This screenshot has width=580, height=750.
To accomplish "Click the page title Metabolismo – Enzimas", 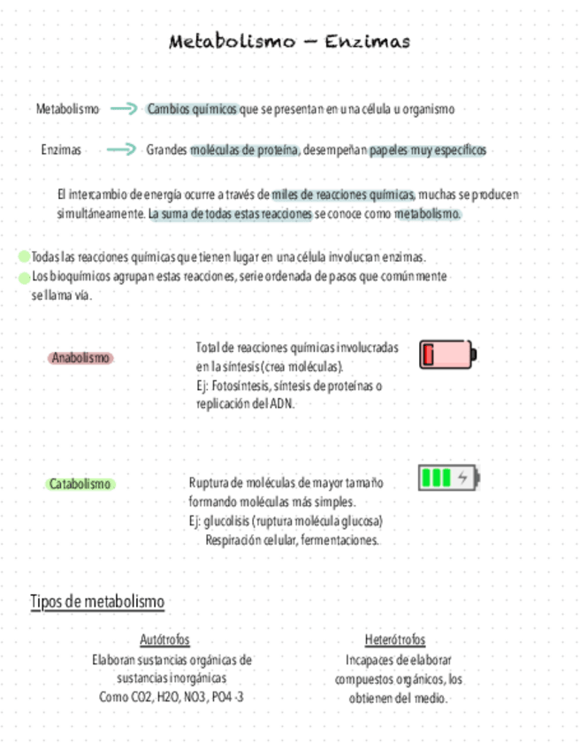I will [x=289, y=42].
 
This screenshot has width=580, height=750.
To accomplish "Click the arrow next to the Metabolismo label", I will [x=124, y=109].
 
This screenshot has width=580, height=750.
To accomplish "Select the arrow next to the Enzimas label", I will [x=120, y=149].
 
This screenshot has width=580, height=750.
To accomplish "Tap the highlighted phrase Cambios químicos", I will [x=192, y=109].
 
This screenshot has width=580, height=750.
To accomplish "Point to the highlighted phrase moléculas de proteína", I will [x=245, y=149].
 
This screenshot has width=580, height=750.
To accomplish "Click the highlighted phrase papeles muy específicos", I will [x=428, y=149].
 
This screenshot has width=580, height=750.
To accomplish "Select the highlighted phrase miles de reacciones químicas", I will [x=343, y=195].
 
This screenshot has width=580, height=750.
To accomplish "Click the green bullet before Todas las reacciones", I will [x=24, y=257].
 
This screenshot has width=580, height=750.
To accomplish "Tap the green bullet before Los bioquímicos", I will [x=24, y=277].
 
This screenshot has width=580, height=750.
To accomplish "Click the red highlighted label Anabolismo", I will [x=80, y=358].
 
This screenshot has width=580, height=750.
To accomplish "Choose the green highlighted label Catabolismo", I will [x=80, y=484].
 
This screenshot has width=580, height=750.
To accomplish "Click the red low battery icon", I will [x=447, y=354].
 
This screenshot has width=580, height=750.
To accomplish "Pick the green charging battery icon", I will [x=448, y=478].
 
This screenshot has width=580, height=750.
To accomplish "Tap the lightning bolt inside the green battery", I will [x=463, y=478].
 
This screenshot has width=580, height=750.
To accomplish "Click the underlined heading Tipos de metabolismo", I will [x=97, y=602].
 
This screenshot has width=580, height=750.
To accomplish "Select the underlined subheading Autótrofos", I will [x=164, y=639].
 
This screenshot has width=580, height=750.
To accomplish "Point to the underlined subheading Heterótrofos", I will [x=394, y=639].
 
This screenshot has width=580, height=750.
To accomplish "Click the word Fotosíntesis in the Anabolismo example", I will [x=240, y=386].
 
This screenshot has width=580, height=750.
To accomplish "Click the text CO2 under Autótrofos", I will [x=141, y=698].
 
